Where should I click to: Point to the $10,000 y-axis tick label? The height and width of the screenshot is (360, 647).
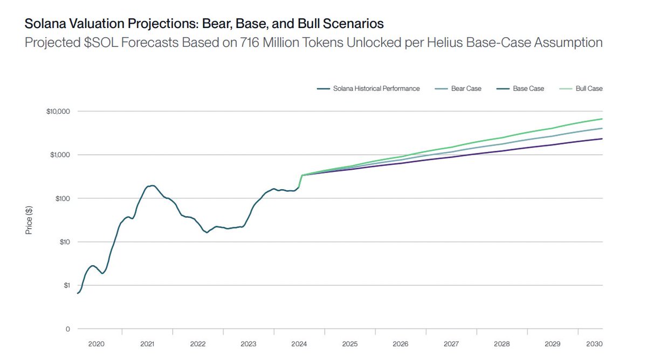[59, 112]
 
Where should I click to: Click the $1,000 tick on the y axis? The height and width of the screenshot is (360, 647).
[60, 155]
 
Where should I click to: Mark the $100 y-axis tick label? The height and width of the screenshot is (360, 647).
[63, 198]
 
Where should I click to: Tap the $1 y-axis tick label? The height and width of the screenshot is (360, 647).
[66, 285]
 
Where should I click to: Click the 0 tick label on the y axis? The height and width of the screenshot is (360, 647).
[68, 329]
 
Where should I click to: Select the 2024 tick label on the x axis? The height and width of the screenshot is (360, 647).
[300, 344]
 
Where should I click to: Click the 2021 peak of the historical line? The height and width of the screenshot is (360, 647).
[152, 185]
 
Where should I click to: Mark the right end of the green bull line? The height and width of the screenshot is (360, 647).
[602, 119]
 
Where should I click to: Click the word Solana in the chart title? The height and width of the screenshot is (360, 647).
[43, 24]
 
